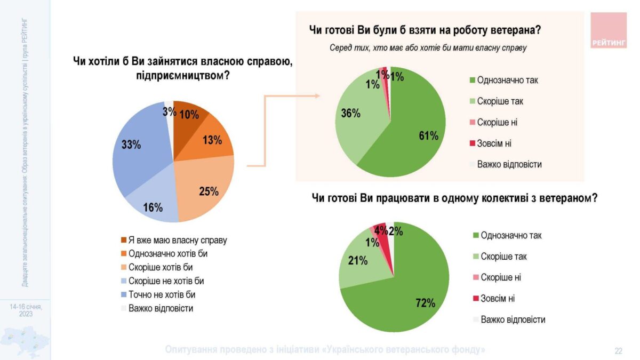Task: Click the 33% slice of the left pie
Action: click(x=136, y=155)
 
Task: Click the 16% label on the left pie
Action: click(x=153, y=207)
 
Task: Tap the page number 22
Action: click(x=619, y=350)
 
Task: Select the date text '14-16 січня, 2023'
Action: click(x=25, y=310)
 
